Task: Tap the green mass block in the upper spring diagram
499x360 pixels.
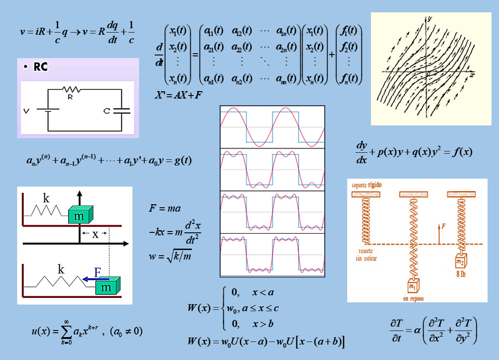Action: pyautogui.click(x=80, y=215)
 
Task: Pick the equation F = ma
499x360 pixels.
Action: pyautogui.click(x=165, y=208)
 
